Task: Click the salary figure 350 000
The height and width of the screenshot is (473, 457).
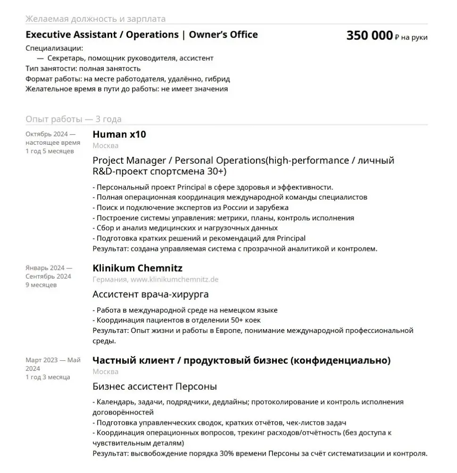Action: pyautogui.click(x=369, y=35)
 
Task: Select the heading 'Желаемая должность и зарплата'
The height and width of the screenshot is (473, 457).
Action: pyautogui.click(x=95, y=19)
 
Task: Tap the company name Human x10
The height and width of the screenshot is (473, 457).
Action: pyautogui.click(x=119, y=134)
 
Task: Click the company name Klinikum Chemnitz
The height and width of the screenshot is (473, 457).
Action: pyautogui.click(x=137, y=268)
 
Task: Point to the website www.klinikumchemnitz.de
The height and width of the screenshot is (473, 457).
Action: pyautogui.click(x=174, y=279)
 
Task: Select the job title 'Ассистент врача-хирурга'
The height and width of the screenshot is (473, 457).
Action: pyautogui.click(x=150, y=294)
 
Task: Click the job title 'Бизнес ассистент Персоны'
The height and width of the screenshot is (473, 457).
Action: pyautogui.click(x=155, y=387)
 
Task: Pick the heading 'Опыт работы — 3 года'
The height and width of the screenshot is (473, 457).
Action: pyautogui.click(x=73, y=119)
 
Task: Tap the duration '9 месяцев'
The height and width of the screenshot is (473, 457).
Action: pyautogui.click(x=41, y=285)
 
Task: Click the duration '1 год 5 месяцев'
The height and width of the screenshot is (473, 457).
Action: pyautogui.click(x=50, y=151)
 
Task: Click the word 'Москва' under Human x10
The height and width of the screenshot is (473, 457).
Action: pyautogui.click(x=106, y=146)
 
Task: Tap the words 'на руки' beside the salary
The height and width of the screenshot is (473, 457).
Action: pyautogui.click(x=414, y=37)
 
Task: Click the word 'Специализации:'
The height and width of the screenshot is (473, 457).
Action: pyautogui.click(x=54, y=48)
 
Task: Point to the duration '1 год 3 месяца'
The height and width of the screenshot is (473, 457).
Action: pyautogui.click(x=48, y=377)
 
